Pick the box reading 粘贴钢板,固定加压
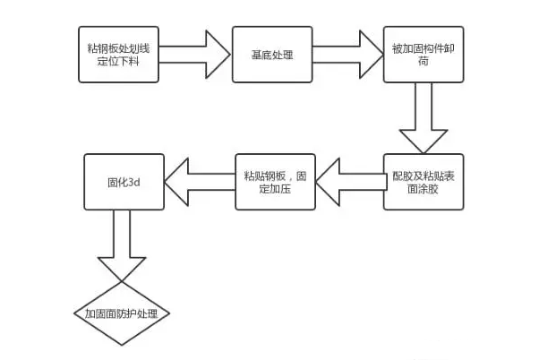coord(275,183)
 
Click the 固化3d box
coord(123,183)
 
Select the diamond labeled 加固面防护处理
coord(122,314)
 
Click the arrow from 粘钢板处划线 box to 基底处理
coord(192,55)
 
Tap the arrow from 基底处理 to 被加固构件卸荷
coord(347,55)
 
